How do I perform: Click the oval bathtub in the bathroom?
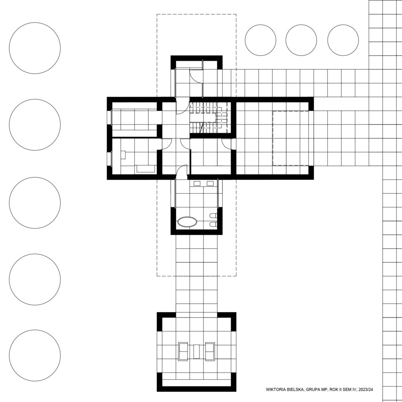[x=187, y=222]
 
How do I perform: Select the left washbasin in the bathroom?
[x=197, y=183]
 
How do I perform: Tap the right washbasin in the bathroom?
[x=210, y=183]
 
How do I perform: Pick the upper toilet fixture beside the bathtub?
[x=213, y=216]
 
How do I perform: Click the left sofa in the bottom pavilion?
[x=183, y=351]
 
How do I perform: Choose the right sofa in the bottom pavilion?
[x=210, y=351]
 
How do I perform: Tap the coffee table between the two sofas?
[x=196, y=351]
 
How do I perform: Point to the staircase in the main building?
[x=209, y=117]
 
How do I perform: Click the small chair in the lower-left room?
[x=123, y=155]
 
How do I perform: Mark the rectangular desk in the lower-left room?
[x=146, y=169]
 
